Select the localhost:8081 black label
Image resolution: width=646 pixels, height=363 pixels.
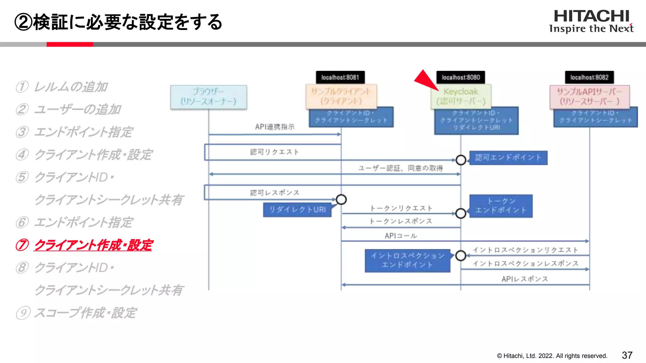click(340, 77)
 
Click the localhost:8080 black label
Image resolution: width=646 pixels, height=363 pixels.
click(461, 77)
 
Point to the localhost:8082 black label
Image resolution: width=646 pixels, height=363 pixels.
click(589, 77)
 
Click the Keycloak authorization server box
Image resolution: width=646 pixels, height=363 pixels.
click(461, 96)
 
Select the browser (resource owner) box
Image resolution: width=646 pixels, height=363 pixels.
click(208, 97)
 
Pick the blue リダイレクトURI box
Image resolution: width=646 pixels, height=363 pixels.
click(297, 210)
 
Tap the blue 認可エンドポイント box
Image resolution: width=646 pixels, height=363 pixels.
click(508, 158)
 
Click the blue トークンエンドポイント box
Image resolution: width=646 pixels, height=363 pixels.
click(501, 206)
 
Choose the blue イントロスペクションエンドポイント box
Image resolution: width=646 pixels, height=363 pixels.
click(408, 260)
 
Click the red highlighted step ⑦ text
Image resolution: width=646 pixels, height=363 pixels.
click(93, 245)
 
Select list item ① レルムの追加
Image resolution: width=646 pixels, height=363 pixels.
click(62, 87)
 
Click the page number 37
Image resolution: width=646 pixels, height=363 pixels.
click(627, 355)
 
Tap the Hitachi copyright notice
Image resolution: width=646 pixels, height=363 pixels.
click(552, 356)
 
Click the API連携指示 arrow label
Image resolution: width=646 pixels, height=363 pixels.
click(275, 127)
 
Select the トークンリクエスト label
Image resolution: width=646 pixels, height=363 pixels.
click(401, 208)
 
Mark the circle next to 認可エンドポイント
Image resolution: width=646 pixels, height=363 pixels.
click(461, 160)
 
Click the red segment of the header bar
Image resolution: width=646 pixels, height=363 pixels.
click(70, 44)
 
